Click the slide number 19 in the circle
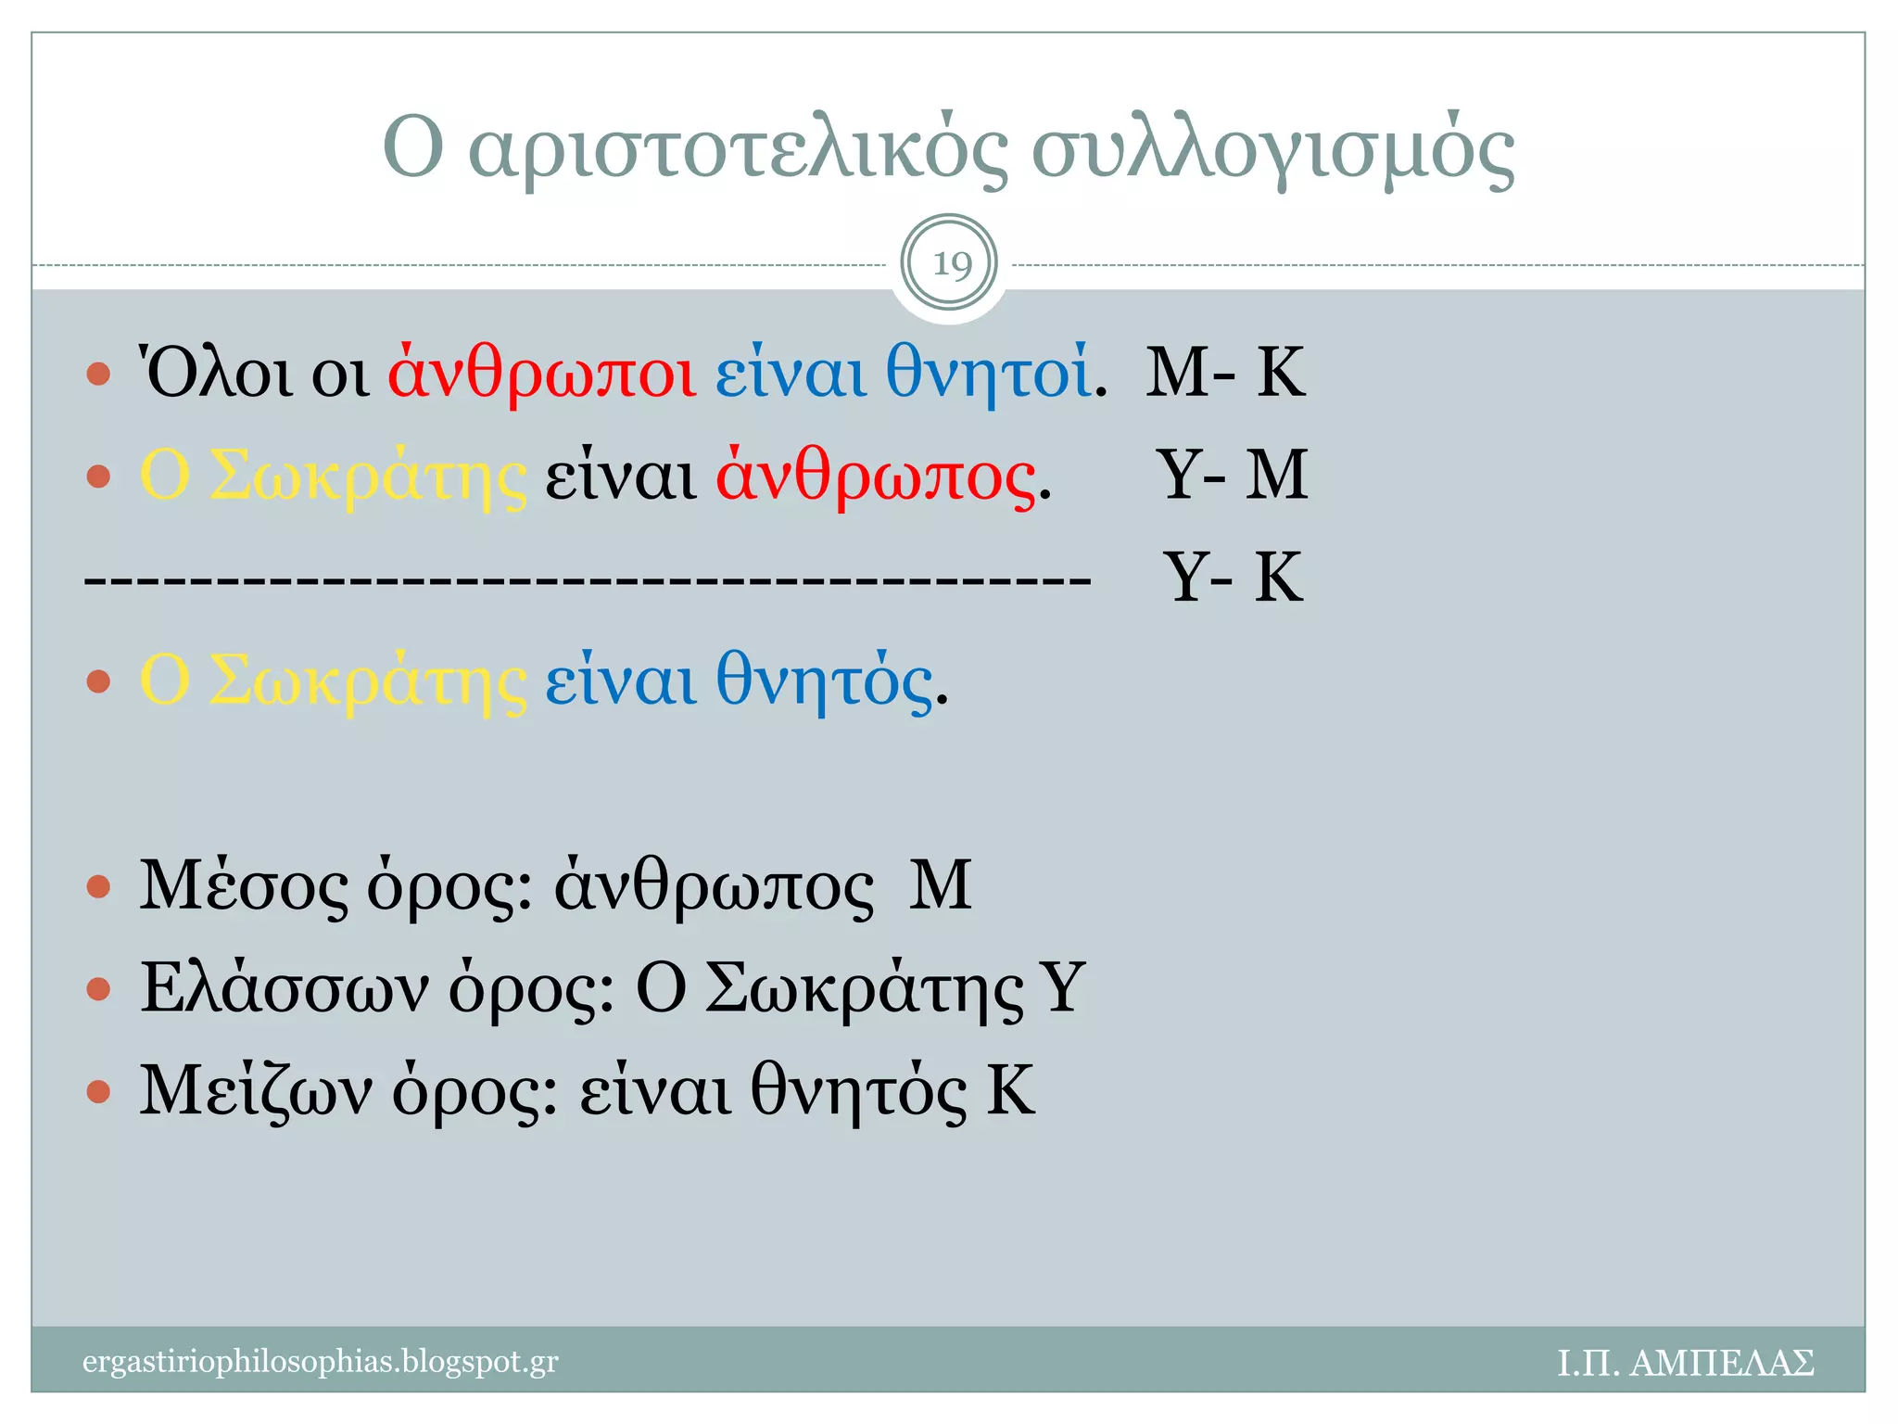tap(950, 264)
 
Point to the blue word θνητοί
tap(988, 372)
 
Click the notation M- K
tap(1225, 372)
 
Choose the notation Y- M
tap(1232, 475)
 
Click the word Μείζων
tap(256, 1091)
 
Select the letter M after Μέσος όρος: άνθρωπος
tap(940, 885)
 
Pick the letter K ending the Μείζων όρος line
tap(1010, 1090)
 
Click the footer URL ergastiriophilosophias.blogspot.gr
tap(321, 1362)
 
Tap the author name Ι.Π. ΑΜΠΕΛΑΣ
tap(1685, 1363)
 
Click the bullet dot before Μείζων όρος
tap(98, 1091)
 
